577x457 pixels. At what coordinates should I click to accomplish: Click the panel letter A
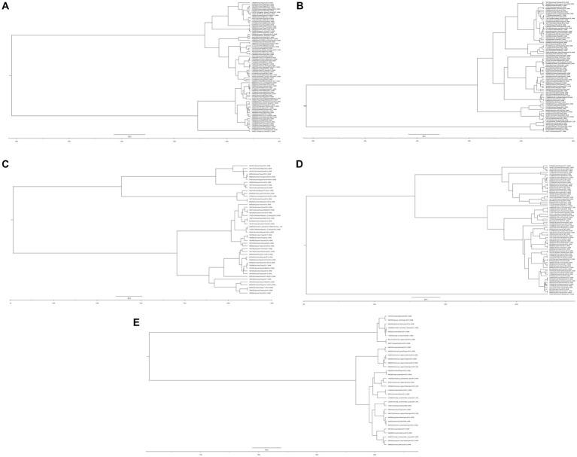pos(6,5)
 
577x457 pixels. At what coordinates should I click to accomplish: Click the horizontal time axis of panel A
pos(143,139)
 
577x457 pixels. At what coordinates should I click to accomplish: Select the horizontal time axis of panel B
pos(436,139)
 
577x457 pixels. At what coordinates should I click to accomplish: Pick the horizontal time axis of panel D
pos(436,303)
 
